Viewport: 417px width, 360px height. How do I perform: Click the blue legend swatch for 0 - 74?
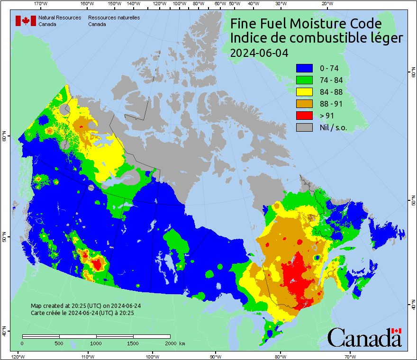tap(304, 68)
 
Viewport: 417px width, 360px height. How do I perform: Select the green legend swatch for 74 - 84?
tap(304, 80)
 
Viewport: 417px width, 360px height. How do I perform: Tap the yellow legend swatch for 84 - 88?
tap(304, 92)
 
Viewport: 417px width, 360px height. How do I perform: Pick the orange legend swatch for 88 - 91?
tap(304, 104)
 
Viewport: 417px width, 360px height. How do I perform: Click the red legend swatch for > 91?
tap(304, 116)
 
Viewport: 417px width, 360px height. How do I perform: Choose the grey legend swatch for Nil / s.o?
tap(304, 127)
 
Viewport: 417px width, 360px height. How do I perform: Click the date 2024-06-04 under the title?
tap(259, 53)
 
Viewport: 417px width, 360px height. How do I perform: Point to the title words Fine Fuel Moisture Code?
tap(306, 24)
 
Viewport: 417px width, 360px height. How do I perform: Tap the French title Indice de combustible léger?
tap(317, 38)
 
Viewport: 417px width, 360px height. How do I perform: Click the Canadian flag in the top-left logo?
tap(26, 21)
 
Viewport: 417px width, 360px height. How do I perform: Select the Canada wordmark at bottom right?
tap(364, 338)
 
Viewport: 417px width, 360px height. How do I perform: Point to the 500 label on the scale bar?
tap(58, 343)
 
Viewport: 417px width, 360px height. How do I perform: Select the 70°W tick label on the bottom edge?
tap(350, 356)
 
